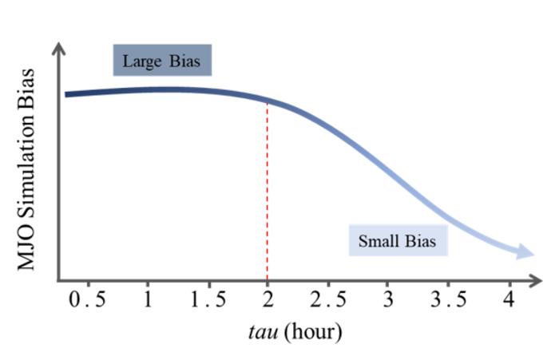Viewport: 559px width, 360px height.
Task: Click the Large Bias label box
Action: [x=161, y=61]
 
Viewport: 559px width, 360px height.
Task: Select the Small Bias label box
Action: [x=398, y=241]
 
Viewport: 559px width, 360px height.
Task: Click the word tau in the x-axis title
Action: [x=264, y=332]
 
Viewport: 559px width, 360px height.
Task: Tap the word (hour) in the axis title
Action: [x=314, y=332]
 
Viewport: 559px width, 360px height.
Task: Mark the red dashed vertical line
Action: [x=268, y=200]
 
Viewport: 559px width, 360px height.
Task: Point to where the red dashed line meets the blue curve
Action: [x=268, y=101]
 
